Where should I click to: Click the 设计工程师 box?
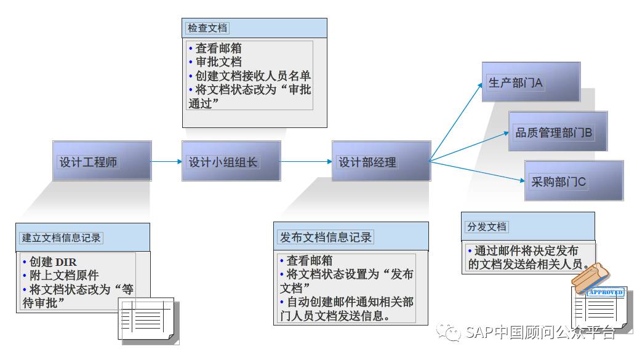[x=102, y=161]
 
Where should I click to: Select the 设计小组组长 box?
[x=231, y=161]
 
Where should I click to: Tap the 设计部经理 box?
[x=381, y=162]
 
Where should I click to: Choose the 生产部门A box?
[x=531, y=82]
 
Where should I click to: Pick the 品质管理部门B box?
[x=558, y=131]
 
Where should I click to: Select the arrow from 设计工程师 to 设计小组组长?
[x=166, y=162]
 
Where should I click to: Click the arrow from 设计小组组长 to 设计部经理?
[x=306, y=162]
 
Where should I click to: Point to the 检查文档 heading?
[x=207, y=28]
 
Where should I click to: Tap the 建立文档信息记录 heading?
[x=62, y=238]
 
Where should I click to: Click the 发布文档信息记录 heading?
[x=326, y=238]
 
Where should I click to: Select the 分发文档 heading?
[x=487, y=227]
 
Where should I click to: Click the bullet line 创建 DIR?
[x=50, y=262]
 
